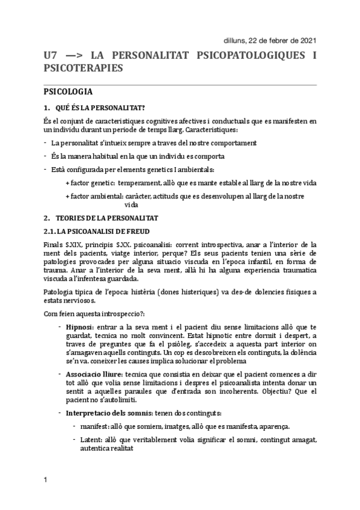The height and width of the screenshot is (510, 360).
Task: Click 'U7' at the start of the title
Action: tap(50, 55)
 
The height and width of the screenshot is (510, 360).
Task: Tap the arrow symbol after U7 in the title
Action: tap(72, 55)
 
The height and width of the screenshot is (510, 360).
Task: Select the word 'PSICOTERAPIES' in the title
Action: tap(84, 69)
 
